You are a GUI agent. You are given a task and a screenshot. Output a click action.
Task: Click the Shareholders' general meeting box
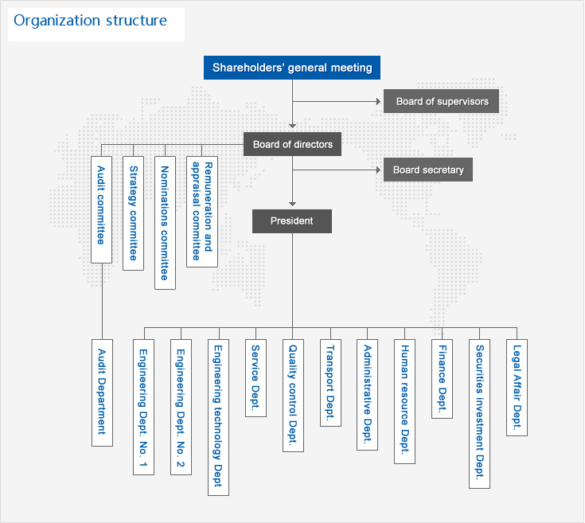click(292, 68)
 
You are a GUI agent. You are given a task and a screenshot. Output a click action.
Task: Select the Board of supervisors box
click(442, 101)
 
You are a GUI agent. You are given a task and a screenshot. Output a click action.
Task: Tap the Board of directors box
click(292, 144)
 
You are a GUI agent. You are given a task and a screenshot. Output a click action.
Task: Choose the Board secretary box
click(428, 170)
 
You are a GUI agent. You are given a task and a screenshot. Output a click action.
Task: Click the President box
click(292, 221)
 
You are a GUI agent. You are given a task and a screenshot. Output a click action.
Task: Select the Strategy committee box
click(134, 213)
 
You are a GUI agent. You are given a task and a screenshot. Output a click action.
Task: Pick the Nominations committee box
click(165, 222)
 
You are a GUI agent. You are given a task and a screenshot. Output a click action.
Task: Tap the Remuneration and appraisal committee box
click(202, 211)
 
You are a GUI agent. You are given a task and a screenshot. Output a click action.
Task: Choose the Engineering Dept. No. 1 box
click(143, 407)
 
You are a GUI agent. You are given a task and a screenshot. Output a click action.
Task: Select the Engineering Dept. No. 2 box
click(181, 407)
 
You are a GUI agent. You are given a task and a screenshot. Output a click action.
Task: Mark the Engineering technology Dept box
click(218, 417)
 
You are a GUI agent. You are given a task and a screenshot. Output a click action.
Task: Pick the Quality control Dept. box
click(293, 396)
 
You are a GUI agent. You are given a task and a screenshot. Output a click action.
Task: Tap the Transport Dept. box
click(330, 383)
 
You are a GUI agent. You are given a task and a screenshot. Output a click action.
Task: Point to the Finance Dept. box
click(442, 378)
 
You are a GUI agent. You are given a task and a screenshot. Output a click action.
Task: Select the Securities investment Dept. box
click(479, 413)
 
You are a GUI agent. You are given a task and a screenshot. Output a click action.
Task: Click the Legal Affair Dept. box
click(517, 387)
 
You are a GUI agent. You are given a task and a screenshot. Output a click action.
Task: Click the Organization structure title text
click(91, 21)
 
